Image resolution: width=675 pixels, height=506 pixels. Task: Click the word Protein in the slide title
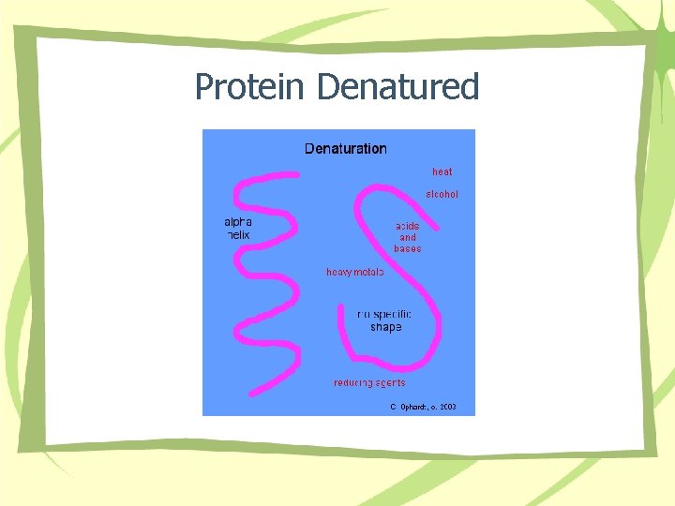[249, 87]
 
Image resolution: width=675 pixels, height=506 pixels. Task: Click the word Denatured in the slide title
[398, 87]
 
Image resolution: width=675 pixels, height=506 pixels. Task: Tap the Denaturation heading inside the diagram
[345, 148]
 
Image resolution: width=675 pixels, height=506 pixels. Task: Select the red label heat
[442, 171]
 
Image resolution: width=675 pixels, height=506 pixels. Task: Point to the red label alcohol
[442, 194]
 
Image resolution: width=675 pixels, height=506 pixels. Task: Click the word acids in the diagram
[408, 226]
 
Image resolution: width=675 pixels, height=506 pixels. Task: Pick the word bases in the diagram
[408, 249]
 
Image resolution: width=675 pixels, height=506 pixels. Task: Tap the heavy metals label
[355, 273]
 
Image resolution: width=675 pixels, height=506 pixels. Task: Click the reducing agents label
[369, 382]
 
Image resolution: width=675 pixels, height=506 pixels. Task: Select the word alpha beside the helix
[237, 222]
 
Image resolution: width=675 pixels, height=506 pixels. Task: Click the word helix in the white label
[238, 235]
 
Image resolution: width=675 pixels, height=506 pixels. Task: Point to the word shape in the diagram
[385, 327]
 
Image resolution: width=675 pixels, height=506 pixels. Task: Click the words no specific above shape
[384, 315]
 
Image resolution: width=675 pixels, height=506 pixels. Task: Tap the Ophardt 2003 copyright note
[423, 408]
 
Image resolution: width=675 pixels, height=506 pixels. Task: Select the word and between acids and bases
[408, 238]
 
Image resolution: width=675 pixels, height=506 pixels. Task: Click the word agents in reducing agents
[389, 382]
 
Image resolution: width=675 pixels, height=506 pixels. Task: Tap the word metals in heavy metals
[369, 273]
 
